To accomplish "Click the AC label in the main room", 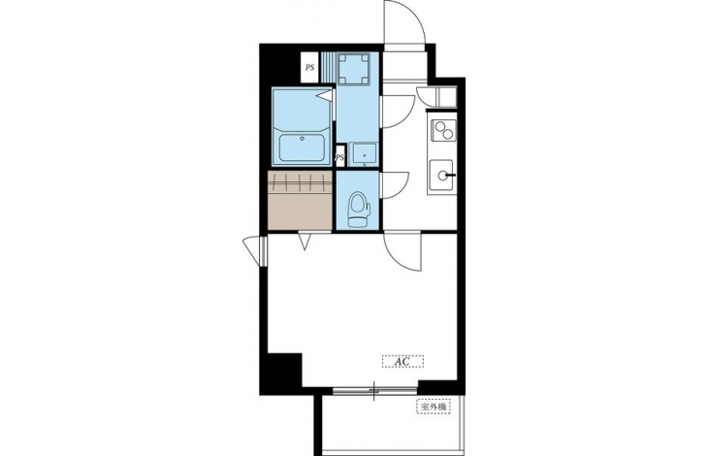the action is pyautogui.click(x=402, y=362).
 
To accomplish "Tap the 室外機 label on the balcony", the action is pyautogui.click(x=434, y=407).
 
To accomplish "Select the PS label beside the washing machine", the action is pyautogui.click(x=309, y=68).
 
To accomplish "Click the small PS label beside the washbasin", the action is pyautogui.click(x=340, y=158).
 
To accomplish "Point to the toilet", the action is pyautogui.click(x=359, y=210).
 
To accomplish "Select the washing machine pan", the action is pyautogui.click(x=354, y=69).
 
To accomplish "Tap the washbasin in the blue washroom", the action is pyautogui.click(x=364, y=154).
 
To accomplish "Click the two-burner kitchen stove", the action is pyautogui.click(x=443, y=130).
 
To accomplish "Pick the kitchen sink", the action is pyautogui.click(x=441, y=176).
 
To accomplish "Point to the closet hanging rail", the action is pyautogui.click(x=301, y=182).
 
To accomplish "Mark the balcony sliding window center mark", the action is pyautogui.click(x=374, y=391).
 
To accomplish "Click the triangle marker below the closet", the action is pyautogui.click(x=305, y=240).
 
